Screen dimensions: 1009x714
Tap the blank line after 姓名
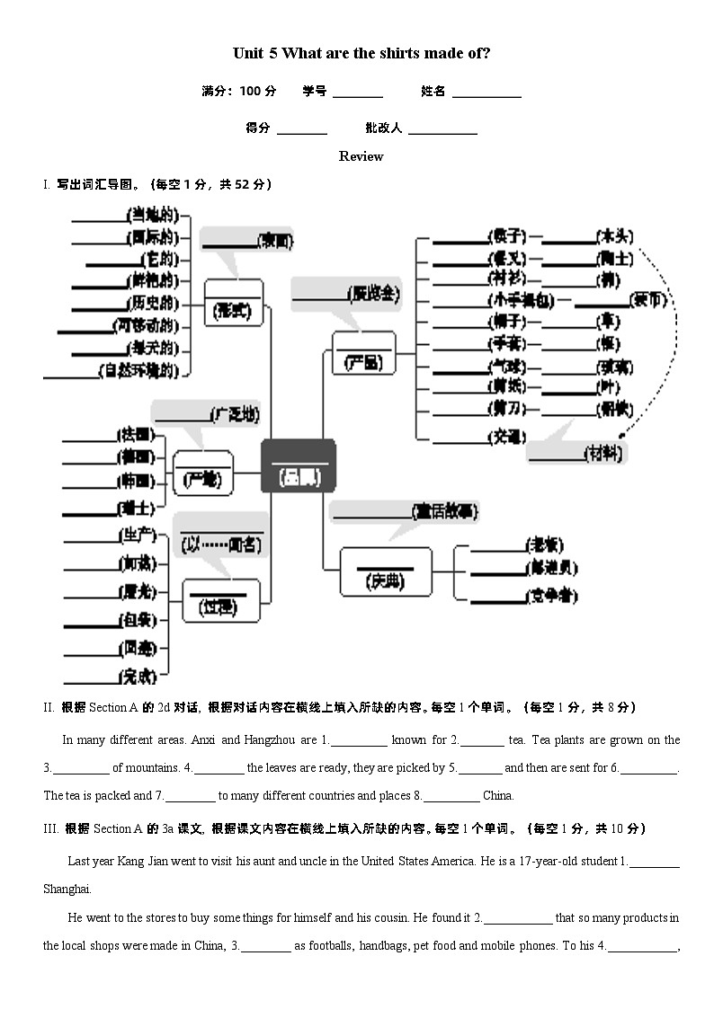[486, 94]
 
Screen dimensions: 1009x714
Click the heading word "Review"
[361, 156]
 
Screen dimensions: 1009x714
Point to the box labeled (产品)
[363, 352]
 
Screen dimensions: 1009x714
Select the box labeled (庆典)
[385, 572]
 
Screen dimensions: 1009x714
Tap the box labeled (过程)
[220, 600]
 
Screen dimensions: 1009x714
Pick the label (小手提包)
[521, 300]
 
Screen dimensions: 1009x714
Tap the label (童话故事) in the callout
[445, 511]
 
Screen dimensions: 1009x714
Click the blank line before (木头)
[569, 241]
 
